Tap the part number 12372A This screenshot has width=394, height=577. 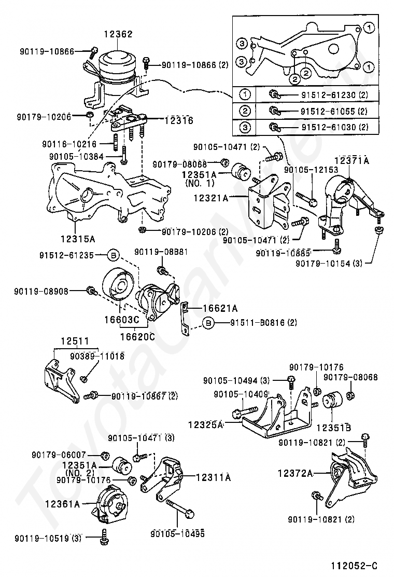click(295, 473)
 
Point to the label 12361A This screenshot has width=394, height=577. click(62, 503)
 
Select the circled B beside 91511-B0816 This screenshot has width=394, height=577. click(208, 323)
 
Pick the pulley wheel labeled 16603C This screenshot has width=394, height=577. click(117, 286)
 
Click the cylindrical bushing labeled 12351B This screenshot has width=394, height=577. click(331, 403)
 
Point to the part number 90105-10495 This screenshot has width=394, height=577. click(177, 533)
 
